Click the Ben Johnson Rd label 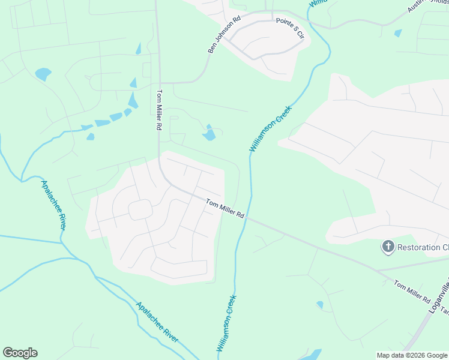(224, 34)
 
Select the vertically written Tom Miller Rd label (160, 110)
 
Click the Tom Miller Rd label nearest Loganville (413, 290)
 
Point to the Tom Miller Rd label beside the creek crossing (225, 208)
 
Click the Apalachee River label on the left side (53, 204)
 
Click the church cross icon (388, 246)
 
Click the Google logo (20, 353)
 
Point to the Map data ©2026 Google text (412, 355)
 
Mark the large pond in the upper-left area (43, 74)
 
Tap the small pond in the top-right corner (398, 33)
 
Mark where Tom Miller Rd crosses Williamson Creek (249, 218)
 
